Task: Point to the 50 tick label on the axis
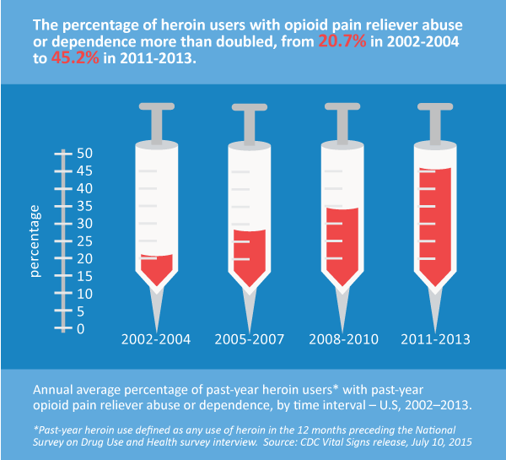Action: (x=85, y=154)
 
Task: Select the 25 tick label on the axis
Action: (x=85, y=241)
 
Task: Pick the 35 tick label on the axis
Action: (x=85, y=206)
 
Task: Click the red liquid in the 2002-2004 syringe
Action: (x=156, y=269)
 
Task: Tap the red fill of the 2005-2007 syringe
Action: (x=248, y=257)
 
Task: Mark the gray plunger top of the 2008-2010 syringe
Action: (x=341, y=106)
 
